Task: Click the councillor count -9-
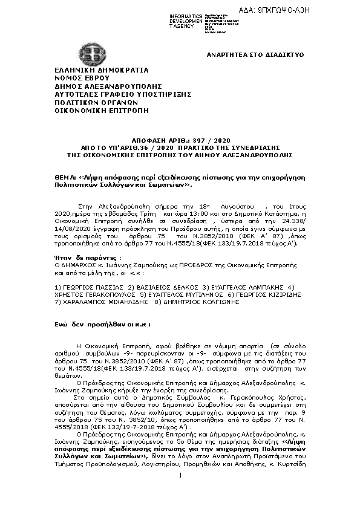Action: click(x=144, y=351)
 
